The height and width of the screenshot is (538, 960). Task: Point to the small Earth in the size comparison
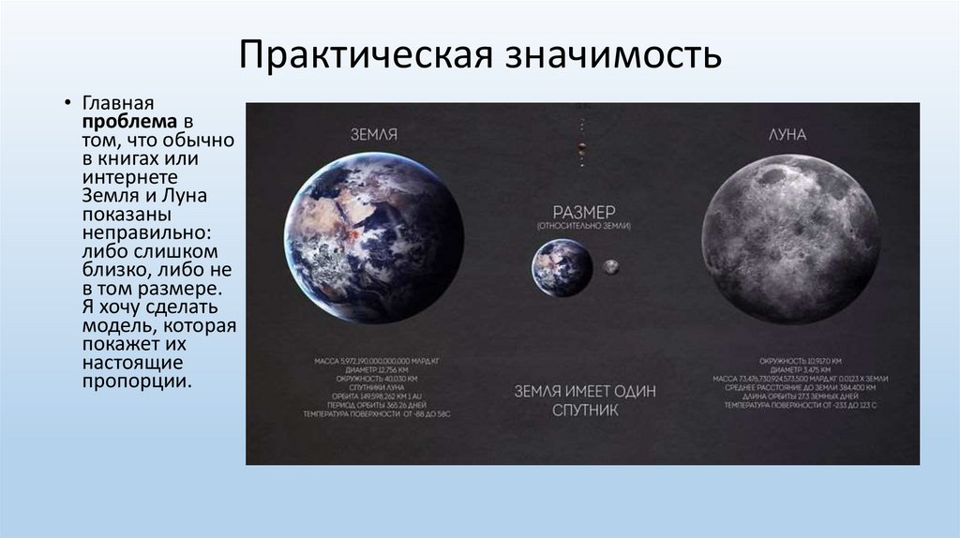(x=562, y=267)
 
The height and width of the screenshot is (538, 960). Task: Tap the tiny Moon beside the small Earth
(x=610, y=267)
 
